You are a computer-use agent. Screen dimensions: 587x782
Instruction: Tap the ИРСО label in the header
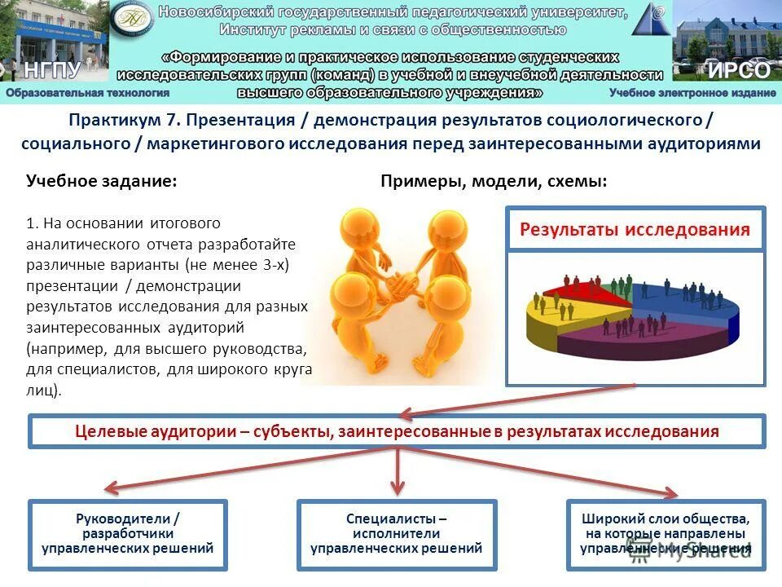tap(738, 70)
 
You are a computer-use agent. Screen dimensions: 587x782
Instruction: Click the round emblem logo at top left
tap(131, 22)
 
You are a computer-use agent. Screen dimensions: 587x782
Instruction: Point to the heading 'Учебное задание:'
tap(102, 181)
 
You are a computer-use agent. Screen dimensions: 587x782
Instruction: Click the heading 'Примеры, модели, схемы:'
tap(494, 181)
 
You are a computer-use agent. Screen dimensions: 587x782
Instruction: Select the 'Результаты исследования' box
tap(635, 229)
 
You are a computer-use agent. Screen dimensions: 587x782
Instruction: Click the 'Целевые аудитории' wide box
tap(397, 431)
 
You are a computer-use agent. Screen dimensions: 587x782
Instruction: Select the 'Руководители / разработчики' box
tap(128, 534)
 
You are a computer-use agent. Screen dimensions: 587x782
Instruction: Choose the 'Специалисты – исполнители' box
tap(397, 534)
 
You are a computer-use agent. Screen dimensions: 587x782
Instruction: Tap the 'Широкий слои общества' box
tap(665, 534)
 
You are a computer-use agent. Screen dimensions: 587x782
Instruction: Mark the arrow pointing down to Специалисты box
tap(398, 473)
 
